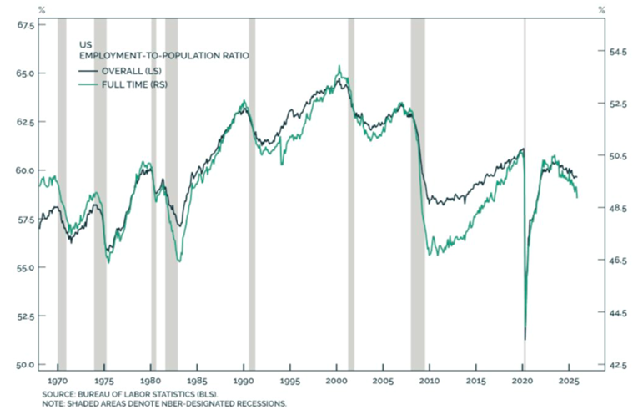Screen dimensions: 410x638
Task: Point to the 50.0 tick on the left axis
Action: coord(25,365)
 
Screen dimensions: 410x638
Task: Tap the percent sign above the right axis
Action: coord(601,10)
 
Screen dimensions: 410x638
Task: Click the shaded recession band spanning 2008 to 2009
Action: coord(418,192)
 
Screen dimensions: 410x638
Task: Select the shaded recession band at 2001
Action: coord(351,192)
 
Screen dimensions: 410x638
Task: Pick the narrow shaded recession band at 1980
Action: coord(153,192)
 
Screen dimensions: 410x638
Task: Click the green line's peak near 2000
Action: coord(339,66)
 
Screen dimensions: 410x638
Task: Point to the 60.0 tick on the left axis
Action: coord(25,170)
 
